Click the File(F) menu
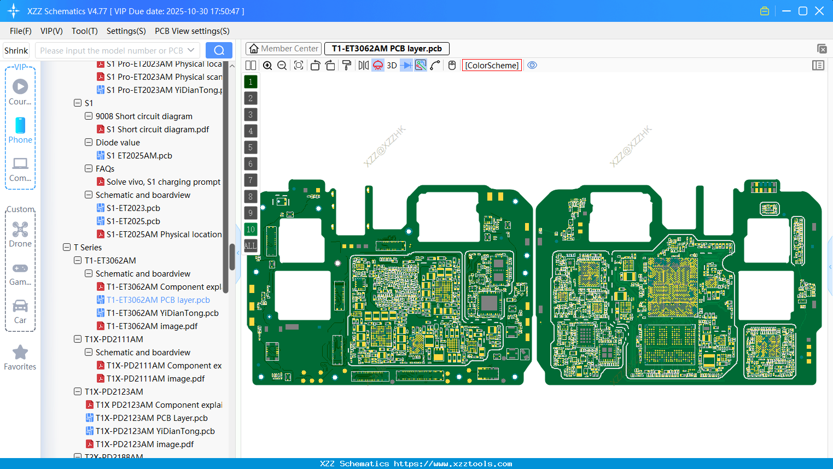click(x=20, y=31)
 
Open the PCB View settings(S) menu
click(x=192, y=31)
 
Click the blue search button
click(x=219, y=50)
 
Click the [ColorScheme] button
click(x=492, y=66)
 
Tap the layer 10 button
click(x=251, y=230)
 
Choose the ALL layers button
click(x=251, y=246)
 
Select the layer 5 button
click(x=251, y=148)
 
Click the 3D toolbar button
click(x=392, y=66)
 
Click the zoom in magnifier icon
click(x=267, y=66)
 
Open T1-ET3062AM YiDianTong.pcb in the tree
click(x=162, y=313)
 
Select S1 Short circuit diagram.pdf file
click(x=158, y=130)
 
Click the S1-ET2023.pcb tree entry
click(x=133, y=208)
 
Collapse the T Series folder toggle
click(x=67, y=248)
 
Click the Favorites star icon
click(x=20, y=353)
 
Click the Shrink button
click(x=16, y=50)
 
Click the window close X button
click(x=819, y=11)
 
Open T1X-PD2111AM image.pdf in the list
click(x=155, y=379)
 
